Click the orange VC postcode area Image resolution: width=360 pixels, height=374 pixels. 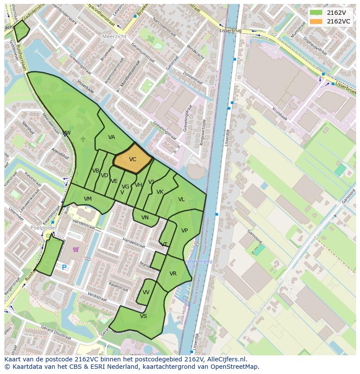[x=133, y=159]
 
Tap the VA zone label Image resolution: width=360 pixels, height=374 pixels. [x=112, y=137]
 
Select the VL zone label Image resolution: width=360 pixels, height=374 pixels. [x=181, y=199]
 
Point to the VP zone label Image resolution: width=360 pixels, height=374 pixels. [x=184, y=231]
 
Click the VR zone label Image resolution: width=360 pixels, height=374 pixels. [x=173, y=274]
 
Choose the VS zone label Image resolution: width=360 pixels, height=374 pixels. [x=143, y=316]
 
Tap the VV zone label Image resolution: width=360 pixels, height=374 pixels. [x=146, y=292]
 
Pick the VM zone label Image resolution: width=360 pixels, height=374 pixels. [x=88, y=199]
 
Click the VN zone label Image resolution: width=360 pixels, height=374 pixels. [x=145, y=218]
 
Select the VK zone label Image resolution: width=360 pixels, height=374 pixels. [x=160, y=192]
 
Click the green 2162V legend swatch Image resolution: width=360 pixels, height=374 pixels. [x=316, y=13]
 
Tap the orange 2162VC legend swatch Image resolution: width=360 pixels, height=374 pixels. [x=316, y=21]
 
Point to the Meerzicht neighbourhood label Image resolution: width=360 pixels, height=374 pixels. [x=114, y=37]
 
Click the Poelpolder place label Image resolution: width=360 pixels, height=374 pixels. [x=44, y=228]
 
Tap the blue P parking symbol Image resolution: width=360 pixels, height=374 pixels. [x=64, y=268]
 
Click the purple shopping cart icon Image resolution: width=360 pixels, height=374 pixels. [x=76, y=249]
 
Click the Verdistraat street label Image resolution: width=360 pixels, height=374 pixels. [x=97, y=297]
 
